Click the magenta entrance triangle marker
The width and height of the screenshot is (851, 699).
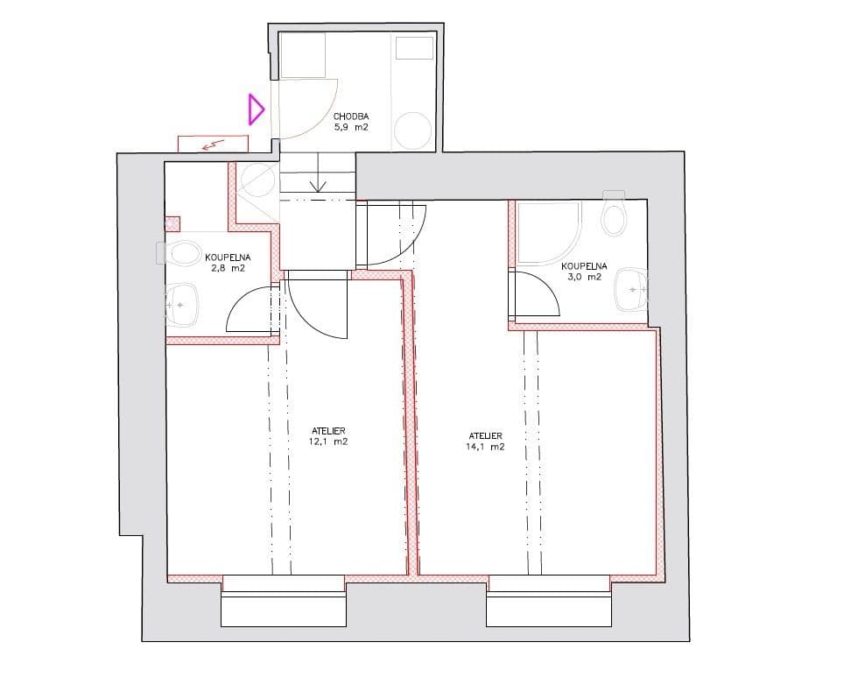pyautogui.click(x=256, y=109)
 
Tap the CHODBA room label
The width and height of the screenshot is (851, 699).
pyautogui.click(x=351, y=116)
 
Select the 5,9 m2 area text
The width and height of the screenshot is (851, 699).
pyautogui.click(x=351, y=127)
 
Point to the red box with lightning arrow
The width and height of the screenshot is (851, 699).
pyautogui.click(x=213, y=144)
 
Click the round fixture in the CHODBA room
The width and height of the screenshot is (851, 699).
pyautogui.click(x=412, y=131)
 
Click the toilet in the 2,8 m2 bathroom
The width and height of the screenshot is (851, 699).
pyautogui.click(x=182, y=254)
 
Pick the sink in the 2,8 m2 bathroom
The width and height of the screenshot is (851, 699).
pyautogui.click(x=181, y=305)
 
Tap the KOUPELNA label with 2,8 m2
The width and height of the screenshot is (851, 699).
pyautogui.click(x=228, y=258)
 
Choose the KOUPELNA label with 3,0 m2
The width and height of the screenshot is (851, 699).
pyautogui.click(x=584, y=265)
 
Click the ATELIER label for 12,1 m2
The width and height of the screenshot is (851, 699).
pyautogui.click(x=328, y=431)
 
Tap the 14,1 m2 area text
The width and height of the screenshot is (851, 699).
pyautogui.click(x=485, y=447)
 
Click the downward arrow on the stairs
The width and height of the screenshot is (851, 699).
pyautogui.click(x=318, y=185)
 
